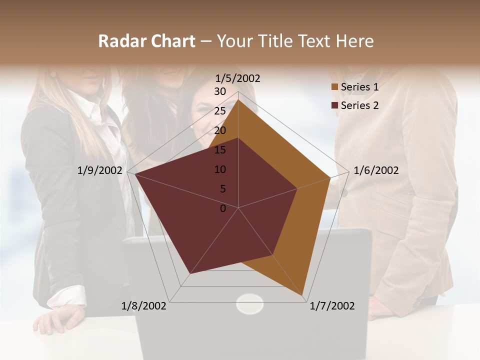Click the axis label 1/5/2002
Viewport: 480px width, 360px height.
[x=237, y=78]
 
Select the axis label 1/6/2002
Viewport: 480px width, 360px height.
[x=376, y=170]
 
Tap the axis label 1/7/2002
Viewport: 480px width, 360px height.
[x=332, y=306]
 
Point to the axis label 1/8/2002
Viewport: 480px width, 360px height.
[x=144, y=306]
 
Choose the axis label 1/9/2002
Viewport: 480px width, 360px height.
[x=100, y=170]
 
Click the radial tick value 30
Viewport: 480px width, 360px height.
[x=220, y=91]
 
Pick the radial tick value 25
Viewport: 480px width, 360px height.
[x=220, y=111]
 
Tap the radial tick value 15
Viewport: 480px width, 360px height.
[x=220, y=150]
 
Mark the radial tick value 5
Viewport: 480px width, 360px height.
[x=223, y=189]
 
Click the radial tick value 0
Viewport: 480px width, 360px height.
[x=223, y=208]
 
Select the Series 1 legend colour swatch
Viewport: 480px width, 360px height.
[x=335, y=87]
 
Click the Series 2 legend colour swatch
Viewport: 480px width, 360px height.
[x=335, y=105]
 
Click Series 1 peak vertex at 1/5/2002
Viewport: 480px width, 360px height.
[x=238, y=99]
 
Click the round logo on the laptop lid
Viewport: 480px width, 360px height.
[x=249, y=304]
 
